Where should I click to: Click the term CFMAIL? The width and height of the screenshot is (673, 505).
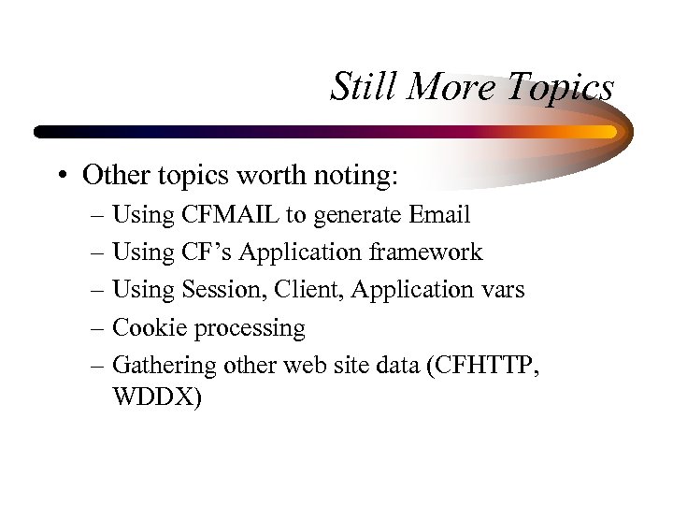[x=229, y=215]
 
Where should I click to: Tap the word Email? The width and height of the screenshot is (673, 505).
[x=439, y=215]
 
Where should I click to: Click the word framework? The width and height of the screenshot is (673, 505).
[x=426, y=252]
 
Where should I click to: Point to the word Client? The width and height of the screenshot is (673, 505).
[x=308, y=290]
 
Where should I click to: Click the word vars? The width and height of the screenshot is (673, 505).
[x=503, y=290]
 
